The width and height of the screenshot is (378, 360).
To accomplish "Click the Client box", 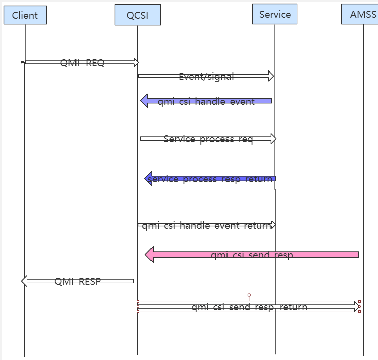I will click(x=25, y=15).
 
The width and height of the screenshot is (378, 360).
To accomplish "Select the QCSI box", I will click(x=137, y=15).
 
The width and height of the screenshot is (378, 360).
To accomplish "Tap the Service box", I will click(x=275, y=14).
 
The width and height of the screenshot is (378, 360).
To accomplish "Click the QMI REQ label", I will click(x=83, y=63).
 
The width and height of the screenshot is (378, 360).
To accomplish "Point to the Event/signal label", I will click(x=206, y=76).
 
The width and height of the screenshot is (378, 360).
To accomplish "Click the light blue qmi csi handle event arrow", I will click(x=206, y=101).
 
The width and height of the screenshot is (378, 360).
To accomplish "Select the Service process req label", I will click(x=208, y=139).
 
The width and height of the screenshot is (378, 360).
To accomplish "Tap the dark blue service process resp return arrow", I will click(x=210, y=179).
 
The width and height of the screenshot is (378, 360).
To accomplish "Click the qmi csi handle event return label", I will click(x=206, y=225).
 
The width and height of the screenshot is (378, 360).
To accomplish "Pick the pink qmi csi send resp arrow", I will click(x=252, y=255).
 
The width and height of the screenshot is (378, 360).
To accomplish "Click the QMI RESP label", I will click(x=78, y=281).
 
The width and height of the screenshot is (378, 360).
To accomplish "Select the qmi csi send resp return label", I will click(x=249, y=307).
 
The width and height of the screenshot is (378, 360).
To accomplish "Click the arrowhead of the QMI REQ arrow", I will click(x=135, y=62).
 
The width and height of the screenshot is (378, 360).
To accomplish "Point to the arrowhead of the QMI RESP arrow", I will click(x=25, y=281).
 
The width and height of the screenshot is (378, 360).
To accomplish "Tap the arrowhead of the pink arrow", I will click(x=149, y=255).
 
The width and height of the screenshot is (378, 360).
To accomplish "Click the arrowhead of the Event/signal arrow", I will click(x=271, y=76).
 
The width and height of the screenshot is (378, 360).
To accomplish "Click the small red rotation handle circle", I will click(x=249, y=295).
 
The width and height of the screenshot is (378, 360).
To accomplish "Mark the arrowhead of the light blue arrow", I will click(x=144, y=101).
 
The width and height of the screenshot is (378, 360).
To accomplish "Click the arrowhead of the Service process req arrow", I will click(x=273, y=139).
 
